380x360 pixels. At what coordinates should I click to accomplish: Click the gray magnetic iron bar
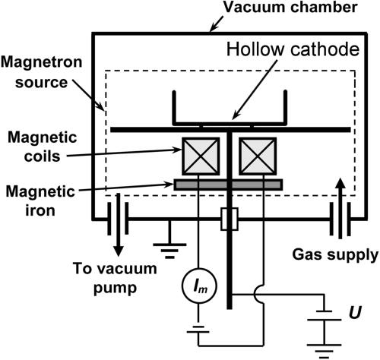pos(228,185)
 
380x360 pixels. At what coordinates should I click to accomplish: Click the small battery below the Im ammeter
pos(197,328)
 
